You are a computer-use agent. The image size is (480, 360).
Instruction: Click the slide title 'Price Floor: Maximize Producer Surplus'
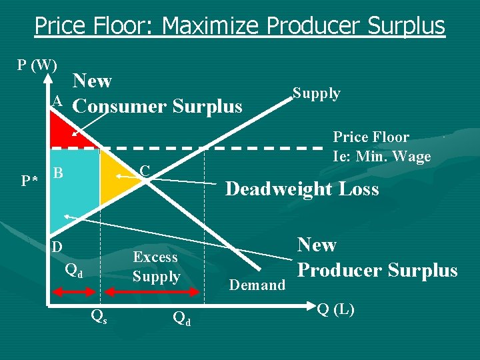(240, 26)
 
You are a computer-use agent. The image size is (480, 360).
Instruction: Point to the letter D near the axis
(58, 247)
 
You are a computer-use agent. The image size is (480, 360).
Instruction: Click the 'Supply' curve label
(317, 93)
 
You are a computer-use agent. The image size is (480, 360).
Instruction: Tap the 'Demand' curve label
(257, 285)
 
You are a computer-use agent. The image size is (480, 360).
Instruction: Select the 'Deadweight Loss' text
(302, 189)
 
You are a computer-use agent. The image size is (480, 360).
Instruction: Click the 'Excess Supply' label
(156, 267)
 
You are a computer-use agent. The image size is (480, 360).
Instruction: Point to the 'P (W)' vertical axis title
(37, 65)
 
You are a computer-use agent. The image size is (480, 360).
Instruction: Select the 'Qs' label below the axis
(98, 317)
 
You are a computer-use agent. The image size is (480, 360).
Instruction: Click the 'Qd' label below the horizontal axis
(181, 319)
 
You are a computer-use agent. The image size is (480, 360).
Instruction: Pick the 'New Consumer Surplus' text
(157, 94)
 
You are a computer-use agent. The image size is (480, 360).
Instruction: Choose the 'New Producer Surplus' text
(377, 257)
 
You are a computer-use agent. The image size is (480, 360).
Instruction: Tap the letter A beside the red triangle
(58, 101)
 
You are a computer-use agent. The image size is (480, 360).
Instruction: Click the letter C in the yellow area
(144, 171)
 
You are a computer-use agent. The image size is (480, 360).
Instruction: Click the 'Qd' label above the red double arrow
(74, 271)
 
